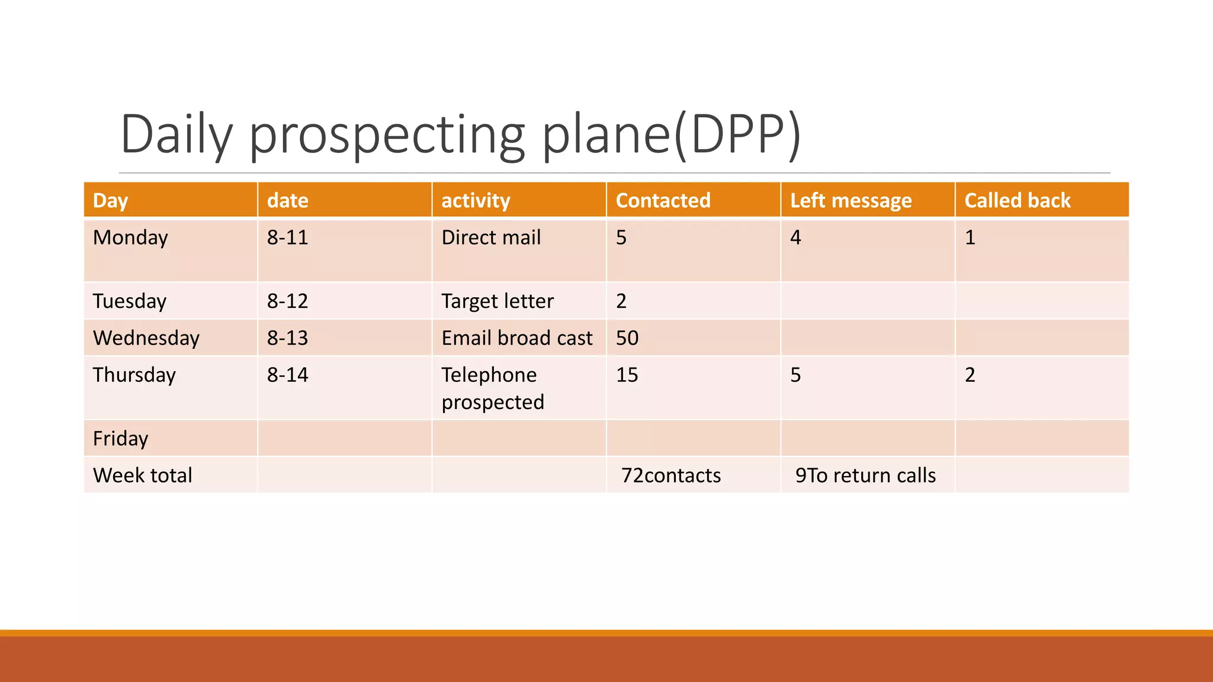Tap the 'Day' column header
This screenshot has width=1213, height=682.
pyautogui.click(x=110, y=201)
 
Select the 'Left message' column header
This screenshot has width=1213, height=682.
pyautogui.click(x=851, y=201)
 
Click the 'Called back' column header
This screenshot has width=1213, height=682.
pyautogui.click(x=1017, y=201)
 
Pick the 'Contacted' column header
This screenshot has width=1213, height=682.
pyautogui.click(x=663, y=201)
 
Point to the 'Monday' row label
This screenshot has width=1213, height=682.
pyautogui.click(x=130, y=237)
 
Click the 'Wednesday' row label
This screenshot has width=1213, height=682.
pyautogui.click(x=146, y=338)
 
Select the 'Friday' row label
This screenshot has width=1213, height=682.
pyautogui.click(x=121, y=439)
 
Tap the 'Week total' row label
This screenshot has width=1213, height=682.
pyautogui.click(x=143, y=475)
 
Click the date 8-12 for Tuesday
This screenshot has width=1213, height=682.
pyautogui.click(x=287, y=301)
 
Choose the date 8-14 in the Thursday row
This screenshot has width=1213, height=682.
pyautogui.click(x=287, y=375)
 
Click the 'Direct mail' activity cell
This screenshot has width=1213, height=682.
pyautogui.click(x=491, y=237)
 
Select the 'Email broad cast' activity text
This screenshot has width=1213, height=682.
pyautogui.click(x=516, y=338)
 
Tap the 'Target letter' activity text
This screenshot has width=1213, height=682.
pyautogui.click(x=497, y=301)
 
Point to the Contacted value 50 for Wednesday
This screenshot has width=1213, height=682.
pyautogui.click(x=627, y=338)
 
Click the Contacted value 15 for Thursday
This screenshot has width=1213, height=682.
pyautogui.click(x=627, y=375)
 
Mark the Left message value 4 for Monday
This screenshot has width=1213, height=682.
pyautogui.click(x=795, y=237)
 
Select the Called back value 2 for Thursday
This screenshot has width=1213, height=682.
pyautogui.click(x=970, y=375)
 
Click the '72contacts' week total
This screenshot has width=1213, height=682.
pyautogui.click(x=670, y=475)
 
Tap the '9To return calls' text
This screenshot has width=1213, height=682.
pyautogui.click(x=865, y=475)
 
